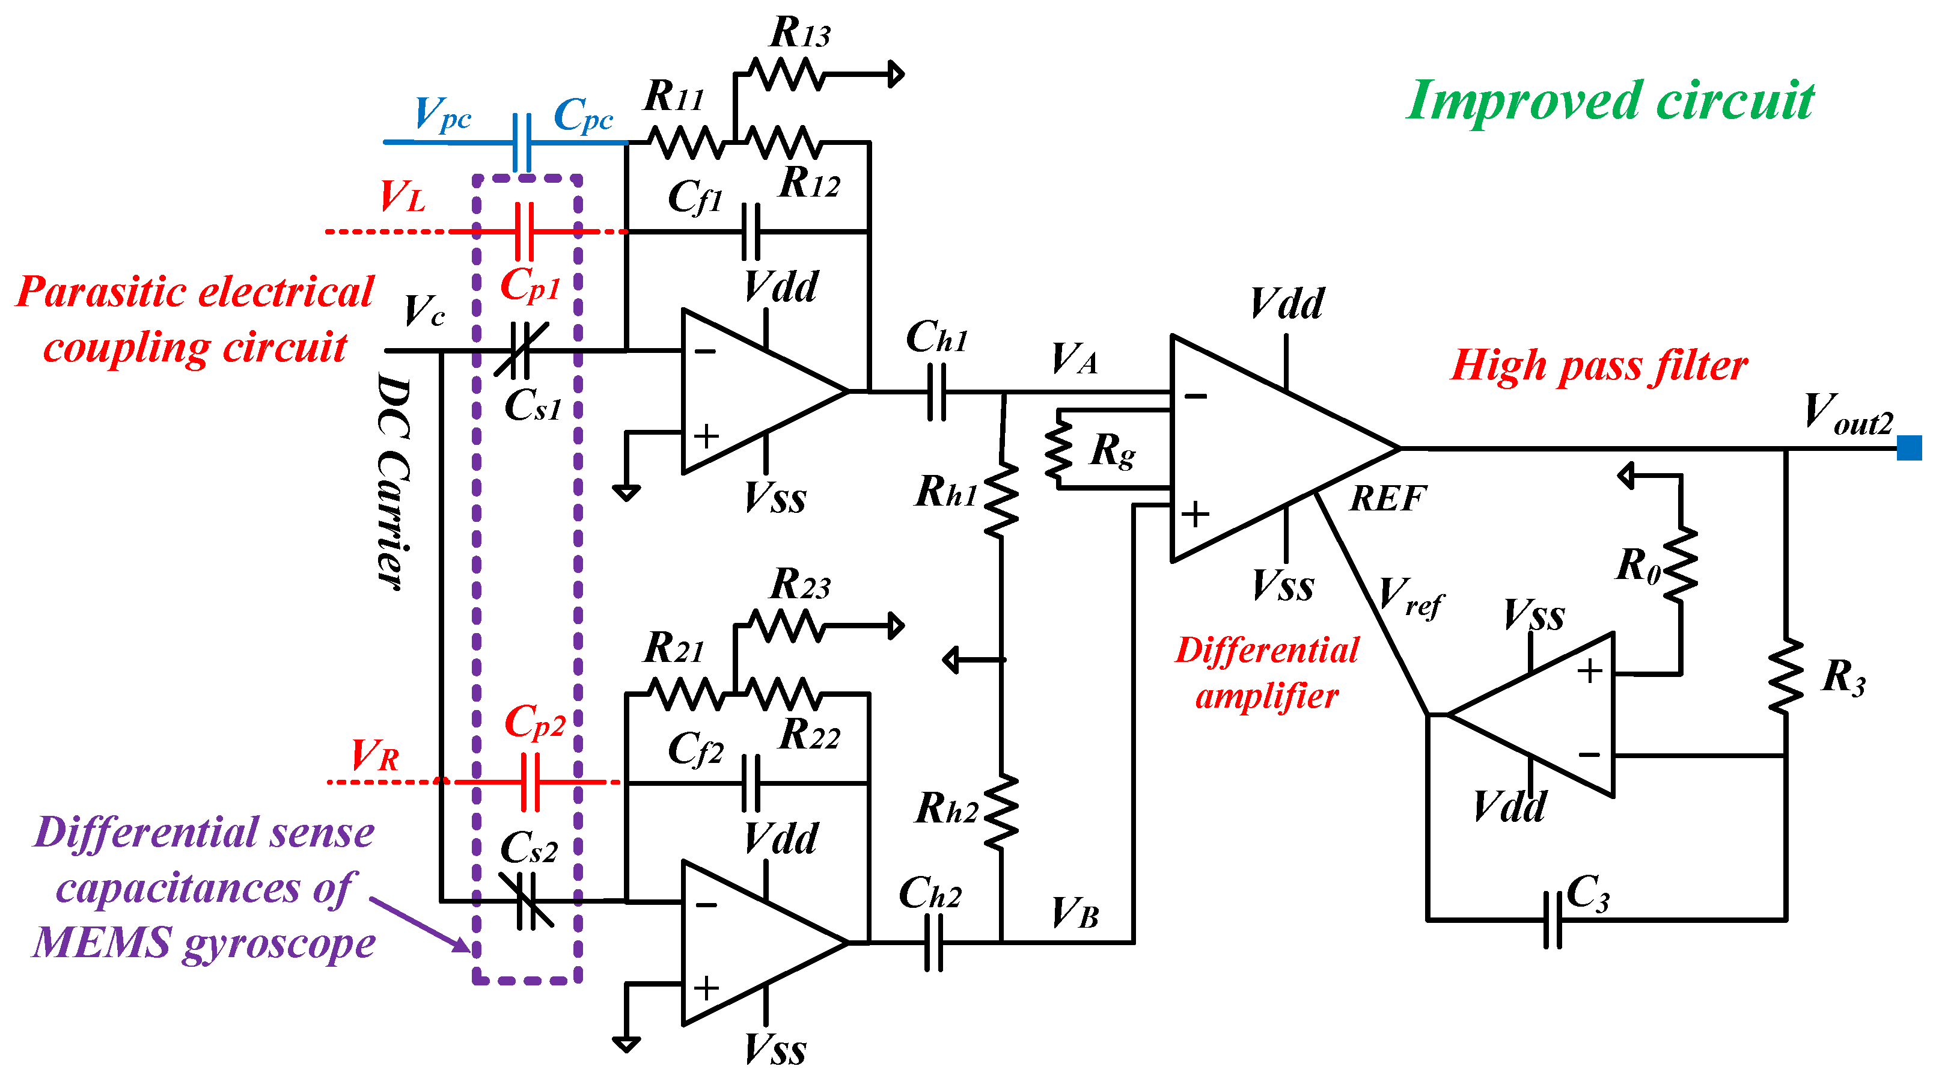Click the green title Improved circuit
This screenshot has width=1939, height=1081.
tap(1611, 102)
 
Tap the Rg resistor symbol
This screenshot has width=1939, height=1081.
tap(1059, 449)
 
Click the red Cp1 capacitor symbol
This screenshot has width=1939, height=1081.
tap(525, 231)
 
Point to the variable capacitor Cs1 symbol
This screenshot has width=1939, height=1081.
tap(521, 350)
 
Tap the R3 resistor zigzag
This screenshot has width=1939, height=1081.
tap(1786, 676)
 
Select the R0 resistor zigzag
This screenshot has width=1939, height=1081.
tap(1681, 565)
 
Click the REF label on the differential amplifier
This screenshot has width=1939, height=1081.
tap(1387, 498)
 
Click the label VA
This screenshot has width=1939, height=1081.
tap(1074, 359)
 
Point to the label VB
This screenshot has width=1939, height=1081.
tap(1075, 913)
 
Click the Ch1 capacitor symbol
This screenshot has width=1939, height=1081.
tap(936, 391)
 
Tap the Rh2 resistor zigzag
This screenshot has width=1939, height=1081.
tap(1001, 813)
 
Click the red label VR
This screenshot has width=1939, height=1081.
tap(375, 755)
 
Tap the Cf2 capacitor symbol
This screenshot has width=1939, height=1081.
tap(751, 783)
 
